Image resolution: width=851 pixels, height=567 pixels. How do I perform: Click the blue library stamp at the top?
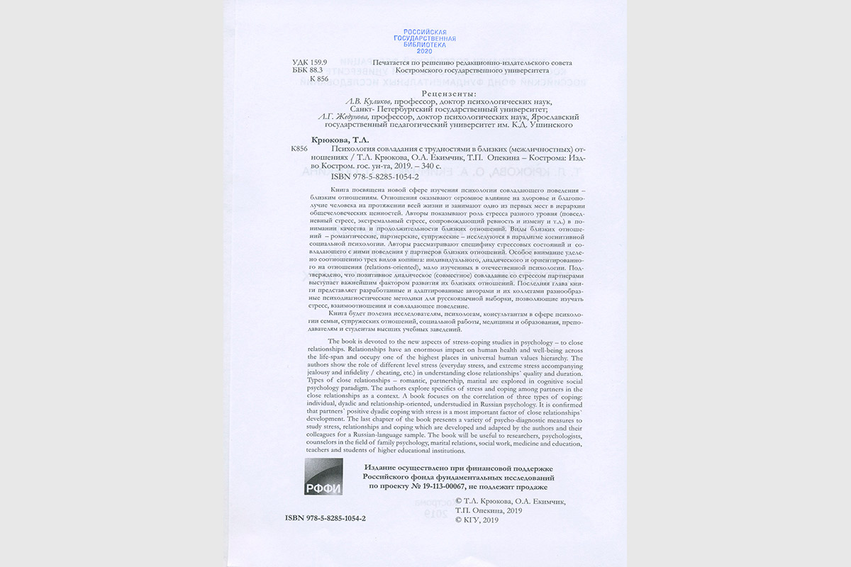425,43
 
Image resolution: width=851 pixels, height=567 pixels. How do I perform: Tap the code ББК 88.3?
308,71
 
